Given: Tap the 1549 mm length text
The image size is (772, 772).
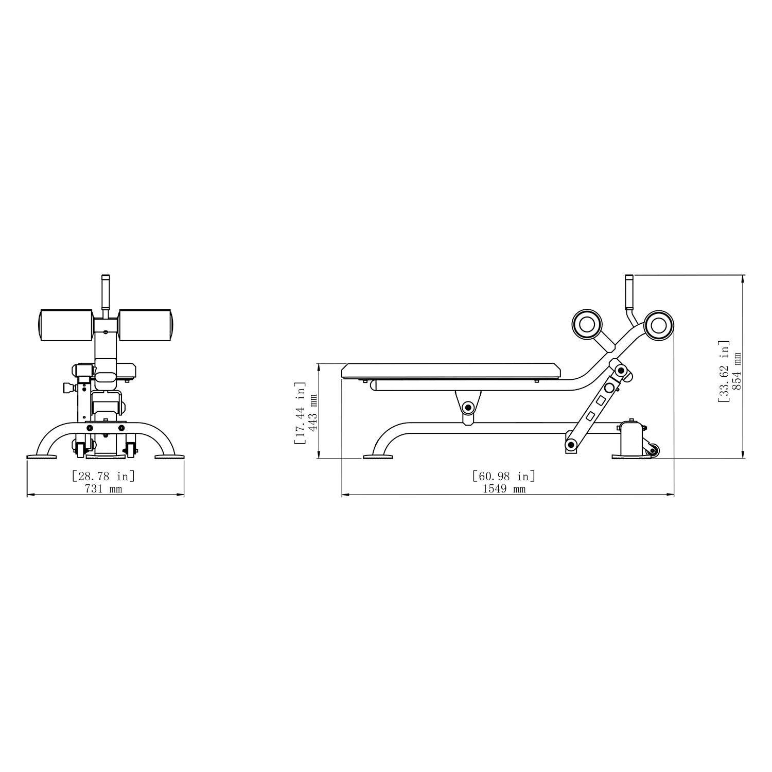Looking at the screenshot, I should pyautogui.click(x=504, y=489).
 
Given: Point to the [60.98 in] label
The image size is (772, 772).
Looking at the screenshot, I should pyautogui.click(x=504, y=476).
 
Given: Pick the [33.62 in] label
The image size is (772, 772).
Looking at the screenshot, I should pyautogui.click(x=724, y=371).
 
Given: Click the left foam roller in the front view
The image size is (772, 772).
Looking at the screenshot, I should pyautogui.click(x=66, y=325).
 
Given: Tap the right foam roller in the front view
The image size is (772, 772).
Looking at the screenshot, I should pyautogui.click(x=146, y=325).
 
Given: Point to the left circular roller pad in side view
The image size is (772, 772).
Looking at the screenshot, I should pyautogui.click(x=587, y=324).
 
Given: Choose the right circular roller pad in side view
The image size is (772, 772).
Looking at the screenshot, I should pyautogui.click(x=659, y=324).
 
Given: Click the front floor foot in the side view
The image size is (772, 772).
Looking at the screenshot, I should pyautogui.click(x=378, y=456).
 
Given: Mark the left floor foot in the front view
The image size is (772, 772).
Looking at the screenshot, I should pyautogui.click(x=43, y=456).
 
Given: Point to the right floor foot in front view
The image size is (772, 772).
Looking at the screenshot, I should pyautogui.click(x=169, y=456).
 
